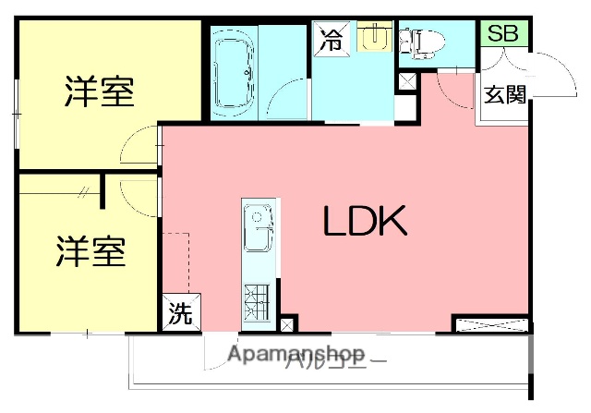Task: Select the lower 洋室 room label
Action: coord(90,251)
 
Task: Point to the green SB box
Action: coord(503,33)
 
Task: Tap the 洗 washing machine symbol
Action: coord(180,314)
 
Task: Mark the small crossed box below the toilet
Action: coord(406,82)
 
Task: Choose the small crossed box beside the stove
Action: coord(288,324)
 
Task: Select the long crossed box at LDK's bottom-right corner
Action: coord(490,324)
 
